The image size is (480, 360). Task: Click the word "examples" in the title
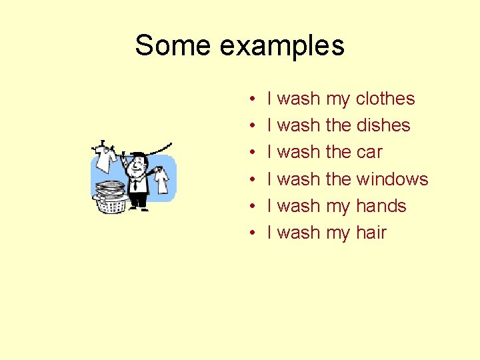282,47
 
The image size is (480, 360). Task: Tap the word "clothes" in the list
385,99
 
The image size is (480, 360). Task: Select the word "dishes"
383,125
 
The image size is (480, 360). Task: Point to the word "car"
369,152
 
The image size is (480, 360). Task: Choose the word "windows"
392,179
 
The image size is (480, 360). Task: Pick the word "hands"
381,205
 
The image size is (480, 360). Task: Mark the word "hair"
371,233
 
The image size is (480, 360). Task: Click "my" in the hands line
338,207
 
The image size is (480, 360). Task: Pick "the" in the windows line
338,179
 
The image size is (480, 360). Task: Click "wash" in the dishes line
298,125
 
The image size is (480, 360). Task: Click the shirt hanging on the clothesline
105,157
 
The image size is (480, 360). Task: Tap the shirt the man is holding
161,179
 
